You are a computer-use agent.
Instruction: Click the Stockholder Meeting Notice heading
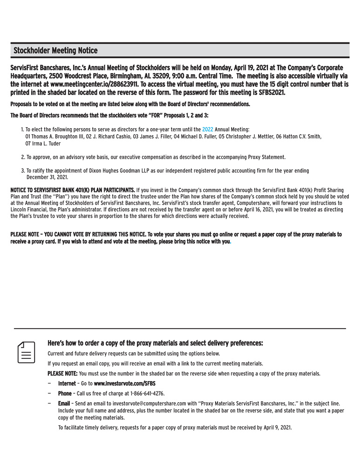pos(55,50)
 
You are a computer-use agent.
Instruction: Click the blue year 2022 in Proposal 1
pos(208,129)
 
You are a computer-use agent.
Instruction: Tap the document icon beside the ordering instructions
pos(27,352)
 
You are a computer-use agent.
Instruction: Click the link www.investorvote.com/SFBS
pos(125,384)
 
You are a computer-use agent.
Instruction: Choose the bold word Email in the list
pos(64,403)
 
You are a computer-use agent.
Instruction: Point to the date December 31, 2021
pos(47,177)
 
